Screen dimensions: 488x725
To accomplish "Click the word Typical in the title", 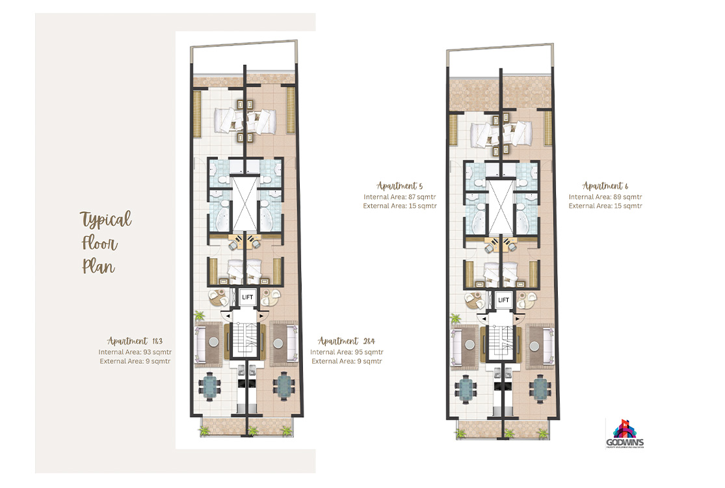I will (x=105, y=219).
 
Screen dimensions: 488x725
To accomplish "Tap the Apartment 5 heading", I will (x=400, y=186).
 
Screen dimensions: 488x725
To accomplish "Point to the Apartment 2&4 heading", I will (x=347, y=341).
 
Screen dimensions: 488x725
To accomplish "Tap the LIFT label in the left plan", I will (x=247, y=297).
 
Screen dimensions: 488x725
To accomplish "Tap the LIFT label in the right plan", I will (x=503, y=300).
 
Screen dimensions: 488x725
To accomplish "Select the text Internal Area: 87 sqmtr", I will (x=400, y=197).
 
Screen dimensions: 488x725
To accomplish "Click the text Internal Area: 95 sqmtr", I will (x=347, y=352).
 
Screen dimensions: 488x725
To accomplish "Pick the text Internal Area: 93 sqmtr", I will (x=135, y=352).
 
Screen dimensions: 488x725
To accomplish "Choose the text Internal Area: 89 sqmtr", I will (x=605, y=197).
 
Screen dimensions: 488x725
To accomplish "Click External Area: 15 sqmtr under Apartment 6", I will (x=605, y=206).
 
